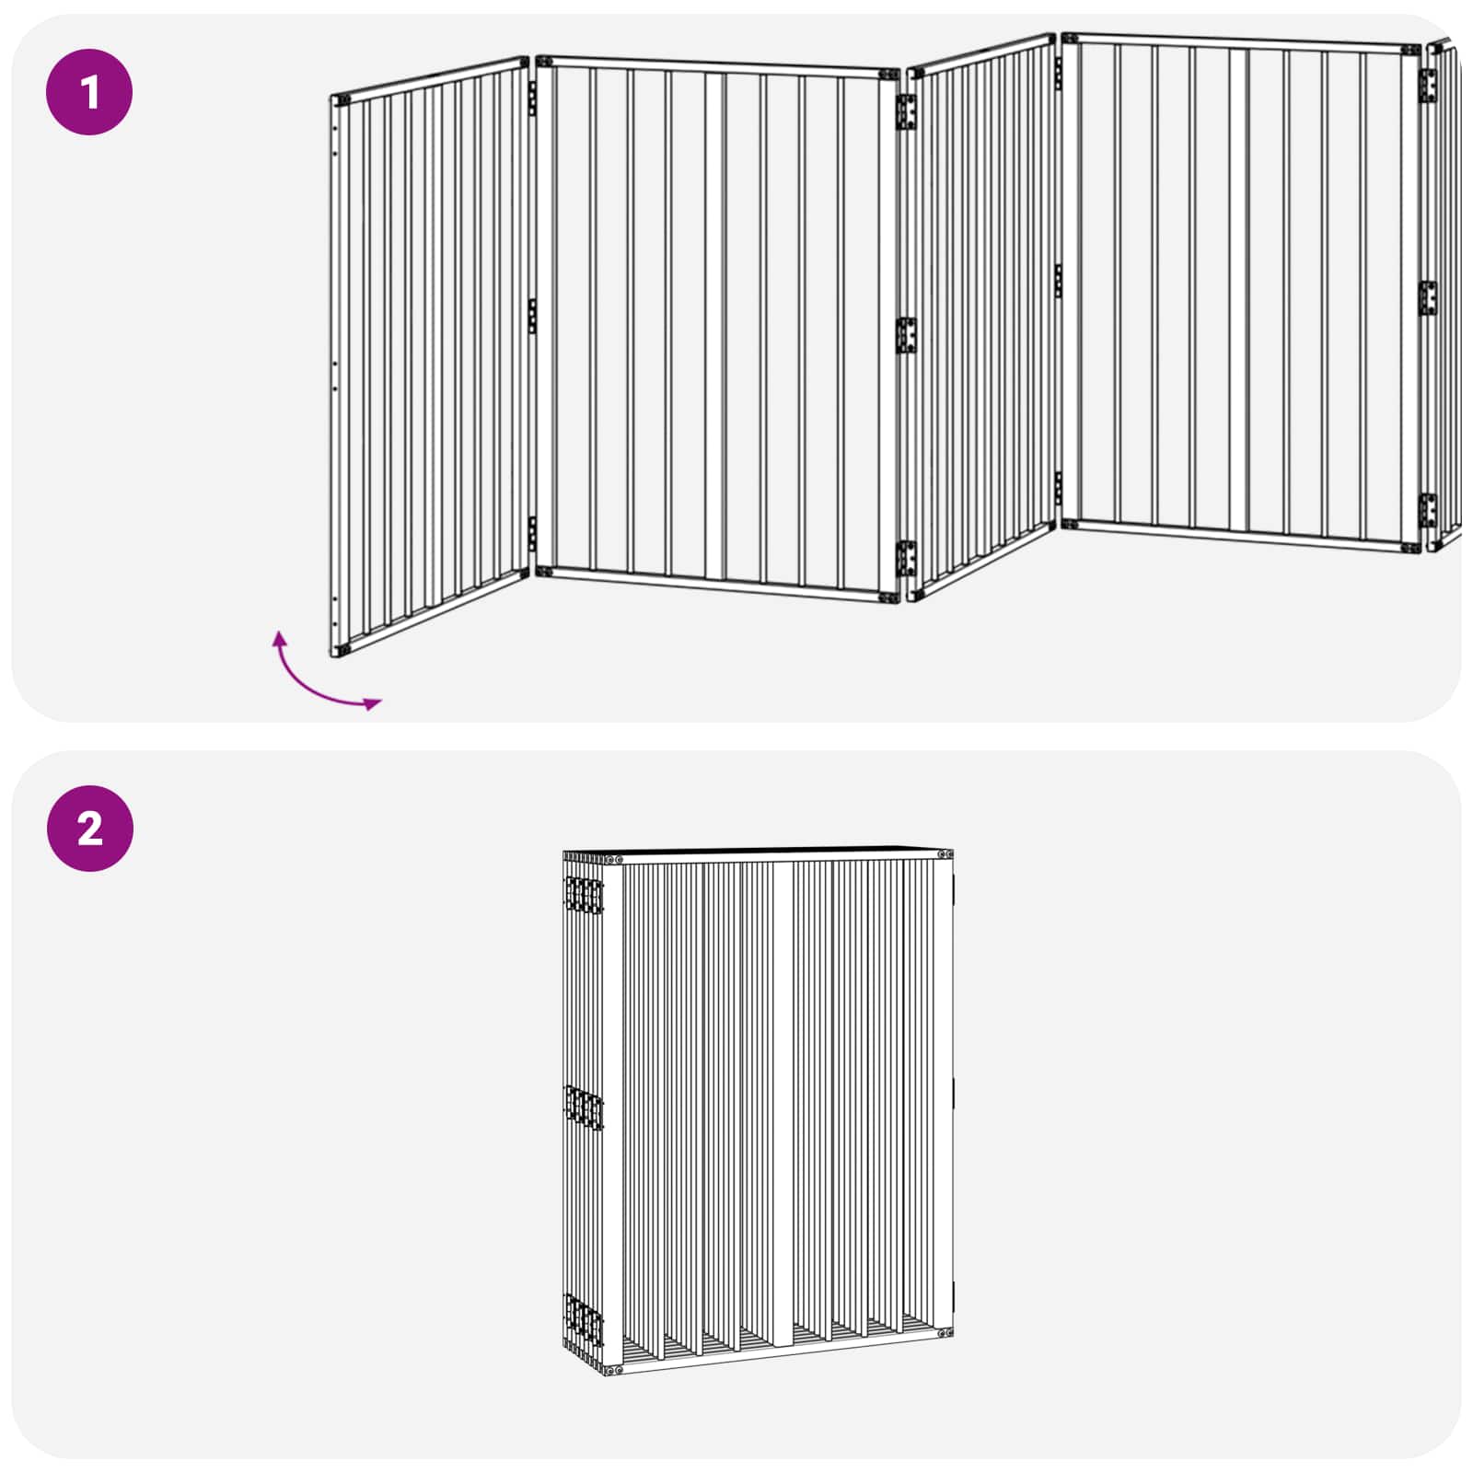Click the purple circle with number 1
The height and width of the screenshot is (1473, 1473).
tap(89, 92)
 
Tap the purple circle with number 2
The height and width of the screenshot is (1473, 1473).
tap(89, 828)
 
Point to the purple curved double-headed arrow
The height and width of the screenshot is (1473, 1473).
tap(318, 685)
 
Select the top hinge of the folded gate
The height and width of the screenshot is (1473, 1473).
tap(584, 894)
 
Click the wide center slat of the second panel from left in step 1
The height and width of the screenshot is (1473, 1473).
tap(715, 326)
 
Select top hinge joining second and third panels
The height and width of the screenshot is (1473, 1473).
tap(906, 111)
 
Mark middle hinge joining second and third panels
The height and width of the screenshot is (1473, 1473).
tap(906, 335)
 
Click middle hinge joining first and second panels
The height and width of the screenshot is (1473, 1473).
tap(532, 316)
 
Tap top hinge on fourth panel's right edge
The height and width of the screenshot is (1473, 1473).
tap(1427, 86)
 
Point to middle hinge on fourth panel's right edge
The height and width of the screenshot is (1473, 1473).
tap(1427, 298)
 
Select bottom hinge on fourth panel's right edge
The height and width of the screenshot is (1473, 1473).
tap(1427, 510)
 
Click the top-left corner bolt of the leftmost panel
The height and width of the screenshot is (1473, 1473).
tap(342, 100)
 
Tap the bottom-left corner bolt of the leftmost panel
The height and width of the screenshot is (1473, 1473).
tap(342, 648)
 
